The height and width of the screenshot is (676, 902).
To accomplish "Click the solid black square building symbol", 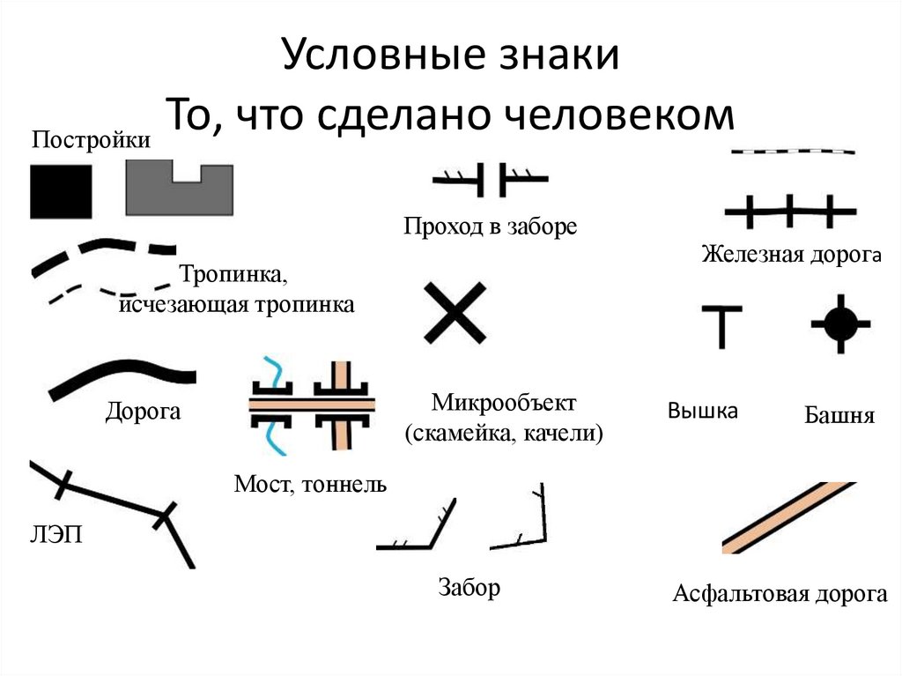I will click(61, 191).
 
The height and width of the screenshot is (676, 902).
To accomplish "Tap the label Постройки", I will click(92, 139).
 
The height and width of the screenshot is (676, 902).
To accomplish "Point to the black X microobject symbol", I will click(455, 312).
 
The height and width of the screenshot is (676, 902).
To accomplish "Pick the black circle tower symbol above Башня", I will click(839, 323).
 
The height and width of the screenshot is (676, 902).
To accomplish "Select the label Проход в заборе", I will click(491, 227).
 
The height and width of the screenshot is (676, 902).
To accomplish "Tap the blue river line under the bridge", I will click(277, 434).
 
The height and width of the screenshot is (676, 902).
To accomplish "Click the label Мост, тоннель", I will click(310, 484).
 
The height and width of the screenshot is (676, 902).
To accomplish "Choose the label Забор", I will click(469, 587).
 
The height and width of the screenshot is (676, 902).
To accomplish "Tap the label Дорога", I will click(143, 411).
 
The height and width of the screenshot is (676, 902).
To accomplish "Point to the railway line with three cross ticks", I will click(789, 212).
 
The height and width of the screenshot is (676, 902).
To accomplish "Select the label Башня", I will click(839, 415).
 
